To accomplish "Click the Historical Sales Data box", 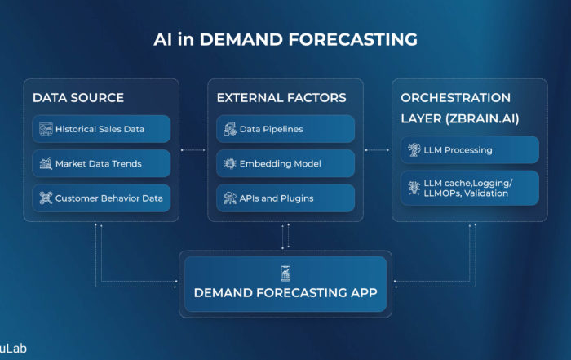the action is [x=101, y=129].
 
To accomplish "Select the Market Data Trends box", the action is [x=101, y=163].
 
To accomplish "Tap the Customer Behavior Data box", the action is [x=101, y=198].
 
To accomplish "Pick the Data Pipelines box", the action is [x=285, y=129].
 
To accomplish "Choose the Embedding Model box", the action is [x=285, y=163].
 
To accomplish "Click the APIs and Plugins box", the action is [x=285, y=198].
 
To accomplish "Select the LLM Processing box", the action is [x=470, y=149].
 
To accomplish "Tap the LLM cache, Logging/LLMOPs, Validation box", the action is [x=470, y=188].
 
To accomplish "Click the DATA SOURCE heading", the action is [x=78, y=98].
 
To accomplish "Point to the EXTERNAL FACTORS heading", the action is [x=281, y=98].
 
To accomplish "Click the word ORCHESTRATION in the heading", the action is [x=455, y=98].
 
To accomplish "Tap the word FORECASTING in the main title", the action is [x=353, y=39].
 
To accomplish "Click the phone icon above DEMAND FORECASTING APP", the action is [x=285, y=273].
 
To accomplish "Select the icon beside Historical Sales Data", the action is [x=46, y=129].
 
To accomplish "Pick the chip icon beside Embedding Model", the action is [x=230, y=163].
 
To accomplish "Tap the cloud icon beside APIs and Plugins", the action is [x=230, y=198].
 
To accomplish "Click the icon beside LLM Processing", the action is [x=414, y=149].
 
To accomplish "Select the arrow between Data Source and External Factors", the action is [x=193, y=150].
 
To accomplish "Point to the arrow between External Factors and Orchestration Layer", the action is [x=377, y=150].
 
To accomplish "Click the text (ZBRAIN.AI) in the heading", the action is [x=482, y=119].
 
